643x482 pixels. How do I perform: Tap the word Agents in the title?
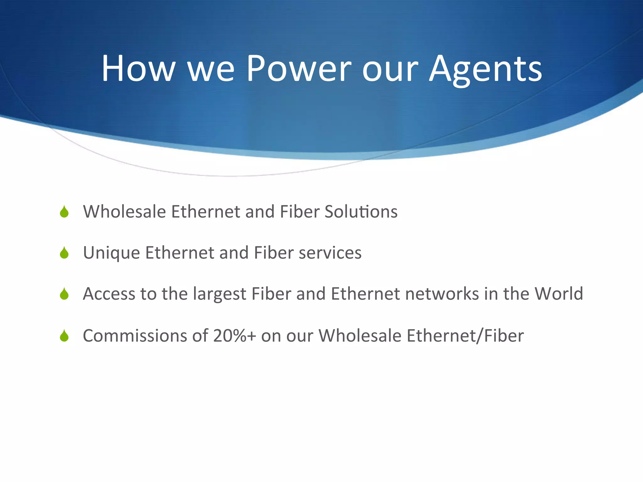coord(485,68)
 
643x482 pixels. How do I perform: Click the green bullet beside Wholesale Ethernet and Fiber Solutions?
coord(64,212)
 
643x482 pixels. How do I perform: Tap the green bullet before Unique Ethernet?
coord(64,253)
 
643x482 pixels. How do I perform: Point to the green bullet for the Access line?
coord(64,294)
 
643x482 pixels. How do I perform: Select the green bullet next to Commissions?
coord(64,336)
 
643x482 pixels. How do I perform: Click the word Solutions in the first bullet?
coord(361,212)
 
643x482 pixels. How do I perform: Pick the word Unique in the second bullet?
coord(111,253)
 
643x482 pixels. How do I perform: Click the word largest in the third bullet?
coord(219,294)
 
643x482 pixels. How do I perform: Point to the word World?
coord(559,294)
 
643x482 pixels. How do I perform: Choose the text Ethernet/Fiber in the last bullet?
coord(465,335)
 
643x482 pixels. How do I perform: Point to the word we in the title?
coord(211,68)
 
